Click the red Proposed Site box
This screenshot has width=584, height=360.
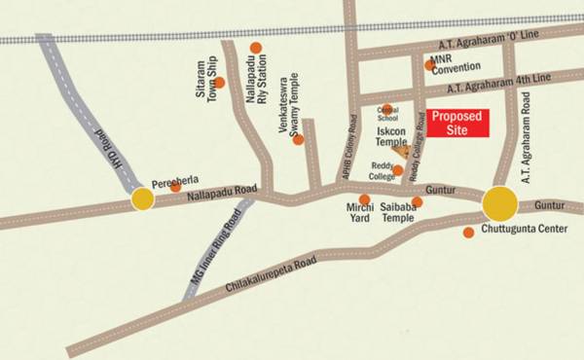(x=456, y=124)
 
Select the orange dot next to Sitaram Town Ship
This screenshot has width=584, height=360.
(x=219, y=83)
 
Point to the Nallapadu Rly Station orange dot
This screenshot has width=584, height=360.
(x=256, y=47)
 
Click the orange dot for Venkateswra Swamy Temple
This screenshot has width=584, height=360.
(x=298, y=139)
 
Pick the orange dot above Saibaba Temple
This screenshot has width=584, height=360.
(x=417, y=202)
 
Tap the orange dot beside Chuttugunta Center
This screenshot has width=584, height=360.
(x=468, y=232)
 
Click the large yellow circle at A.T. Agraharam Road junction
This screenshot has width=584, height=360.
(x=500, y=203)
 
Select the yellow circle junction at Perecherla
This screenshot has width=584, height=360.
(x=142, y=200)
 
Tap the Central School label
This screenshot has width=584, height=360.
(x=386, y=115)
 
